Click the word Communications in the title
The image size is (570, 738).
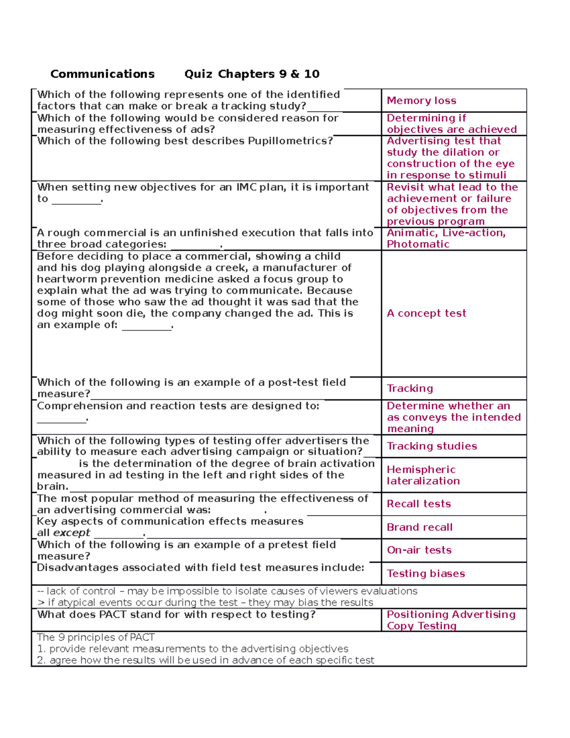pos(102,74)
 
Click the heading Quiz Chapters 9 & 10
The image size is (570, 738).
pos(252,74)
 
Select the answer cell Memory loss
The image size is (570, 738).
pos(421,101)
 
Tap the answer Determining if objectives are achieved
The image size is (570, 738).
pos(451,124)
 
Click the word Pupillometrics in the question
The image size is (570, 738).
pos(288,141)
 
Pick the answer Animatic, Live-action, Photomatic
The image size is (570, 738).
pos(446,239)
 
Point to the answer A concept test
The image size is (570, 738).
pos(426,313)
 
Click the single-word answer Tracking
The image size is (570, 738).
pos(409,388)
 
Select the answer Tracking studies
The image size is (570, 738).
pos(432,446)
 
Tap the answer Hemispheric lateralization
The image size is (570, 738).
pos(423,475)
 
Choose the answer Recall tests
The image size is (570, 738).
pos(418,504)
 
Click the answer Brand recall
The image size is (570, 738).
pos(419,527)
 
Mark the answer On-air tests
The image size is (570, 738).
pos(419,550)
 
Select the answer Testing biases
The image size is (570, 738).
pos(426,574)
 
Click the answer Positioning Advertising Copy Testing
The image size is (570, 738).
pos(450,620)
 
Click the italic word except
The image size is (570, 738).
pos(71,533)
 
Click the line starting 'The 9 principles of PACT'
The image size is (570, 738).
pos(95,638)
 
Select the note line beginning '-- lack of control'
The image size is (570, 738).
pos(227,591)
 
